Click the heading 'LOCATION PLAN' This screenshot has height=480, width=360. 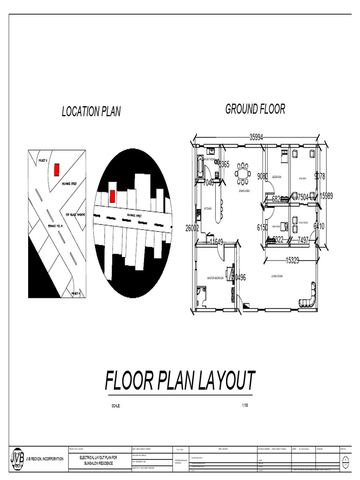click(91, 112)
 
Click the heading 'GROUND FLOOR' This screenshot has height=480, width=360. click(255, 109)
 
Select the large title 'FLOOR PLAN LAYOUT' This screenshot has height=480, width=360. click(180, 381)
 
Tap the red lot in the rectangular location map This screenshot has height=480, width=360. click(56, 169)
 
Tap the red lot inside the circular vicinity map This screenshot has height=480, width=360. click(112, 196)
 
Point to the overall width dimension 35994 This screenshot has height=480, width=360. click(256, 137)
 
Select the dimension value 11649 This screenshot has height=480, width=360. click(217, 242)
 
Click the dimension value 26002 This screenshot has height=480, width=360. click(192, 228)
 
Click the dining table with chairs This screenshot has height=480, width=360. click(243, 173)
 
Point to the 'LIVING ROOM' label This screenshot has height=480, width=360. click(277, 276)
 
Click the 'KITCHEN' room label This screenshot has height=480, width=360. click(208, 208)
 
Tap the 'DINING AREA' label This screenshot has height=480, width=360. click(244, 191)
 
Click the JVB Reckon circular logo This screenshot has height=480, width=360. click(18, 459)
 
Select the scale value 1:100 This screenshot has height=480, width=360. click(245, 405)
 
